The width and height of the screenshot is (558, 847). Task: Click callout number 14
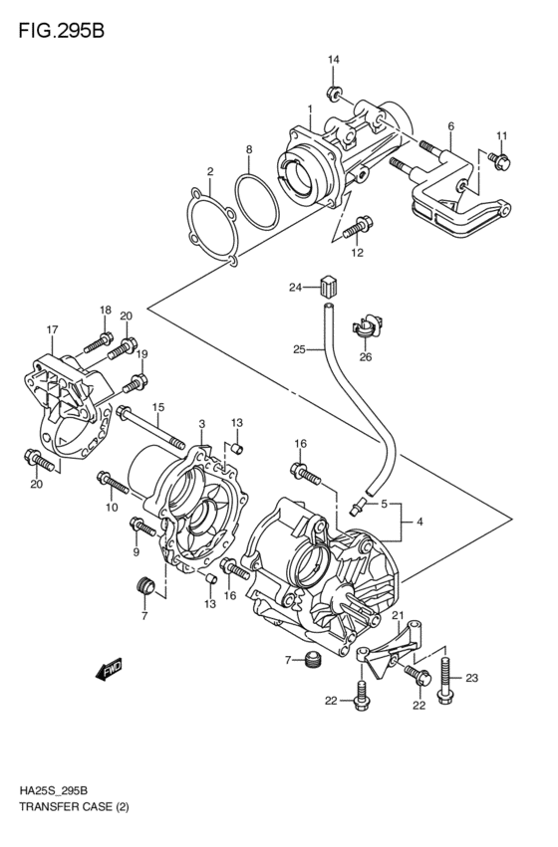pos(334,62)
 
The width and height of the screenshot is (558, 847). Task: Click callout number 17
pos(52,329)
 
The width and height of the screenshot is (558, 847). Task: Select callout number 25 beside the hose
pos(298,348)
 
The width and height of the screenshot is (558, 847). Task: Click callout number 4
pos(420,521)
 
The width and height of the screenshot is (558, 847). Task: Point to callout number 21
pos(397,618)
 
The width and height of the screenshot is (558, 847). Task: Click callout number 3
pos(201,424)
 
